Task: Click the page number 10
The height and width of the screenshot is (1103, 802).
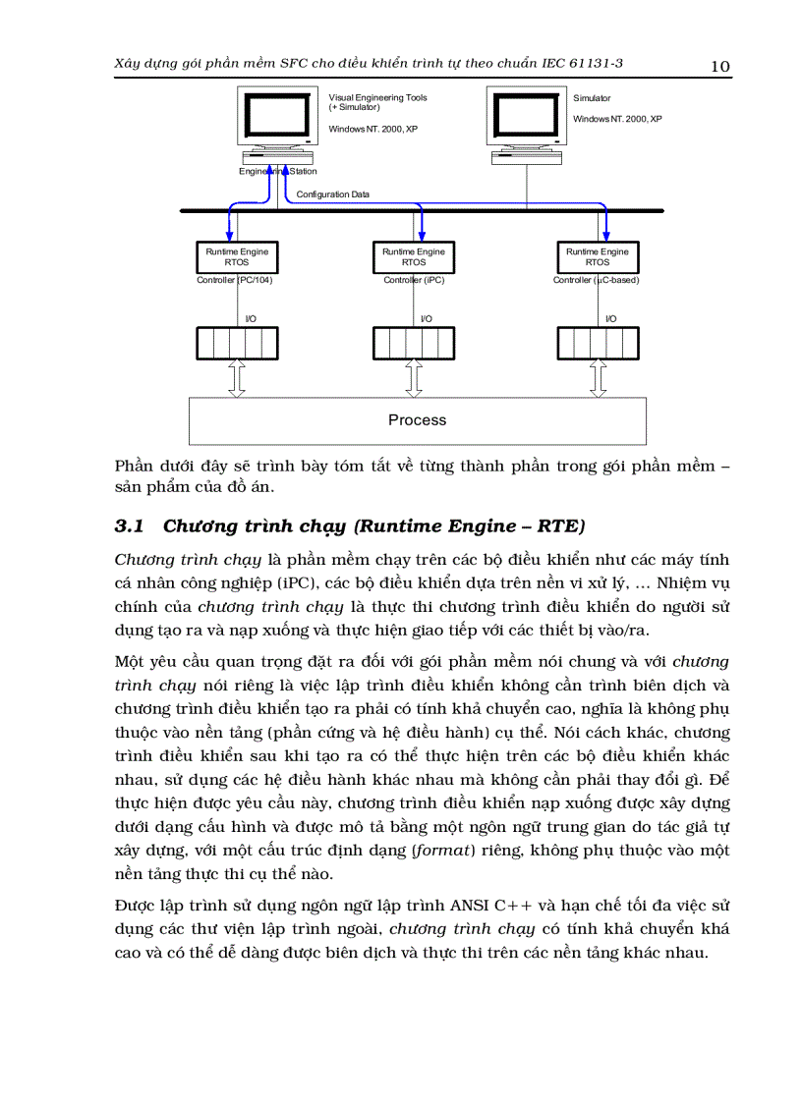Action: (719, 66)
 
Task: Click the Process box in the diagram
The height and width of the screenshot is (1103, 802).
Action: (418, 420)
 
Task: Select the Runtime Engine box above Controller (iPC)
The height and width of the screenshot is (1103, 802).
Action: (414, 257)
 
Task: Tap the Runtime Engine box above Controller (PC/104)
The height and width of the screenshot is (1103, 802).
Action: (236, 257)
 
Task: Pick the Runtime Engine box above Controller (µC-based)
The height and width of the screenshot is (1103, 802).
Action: (597, 257)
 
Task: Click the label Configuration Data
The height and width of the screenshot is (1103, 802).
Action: (333, 194)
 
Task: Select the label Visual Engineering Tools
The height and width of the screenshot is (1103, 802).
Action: (378, 98)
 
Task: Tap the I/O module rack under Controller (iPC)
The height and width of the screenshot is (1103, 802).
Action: (414, 344)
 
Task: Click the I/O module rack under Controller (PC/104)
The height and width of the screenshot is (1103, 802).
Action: (236, 344)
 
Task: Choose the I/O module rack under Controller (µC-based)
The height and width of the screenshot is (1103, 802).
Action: (597, 344)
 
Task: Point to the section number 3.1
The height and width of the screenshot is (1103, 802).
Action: (130, 526)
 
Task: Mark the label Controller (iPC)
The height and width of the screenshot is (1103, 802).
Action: (414, 280)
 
